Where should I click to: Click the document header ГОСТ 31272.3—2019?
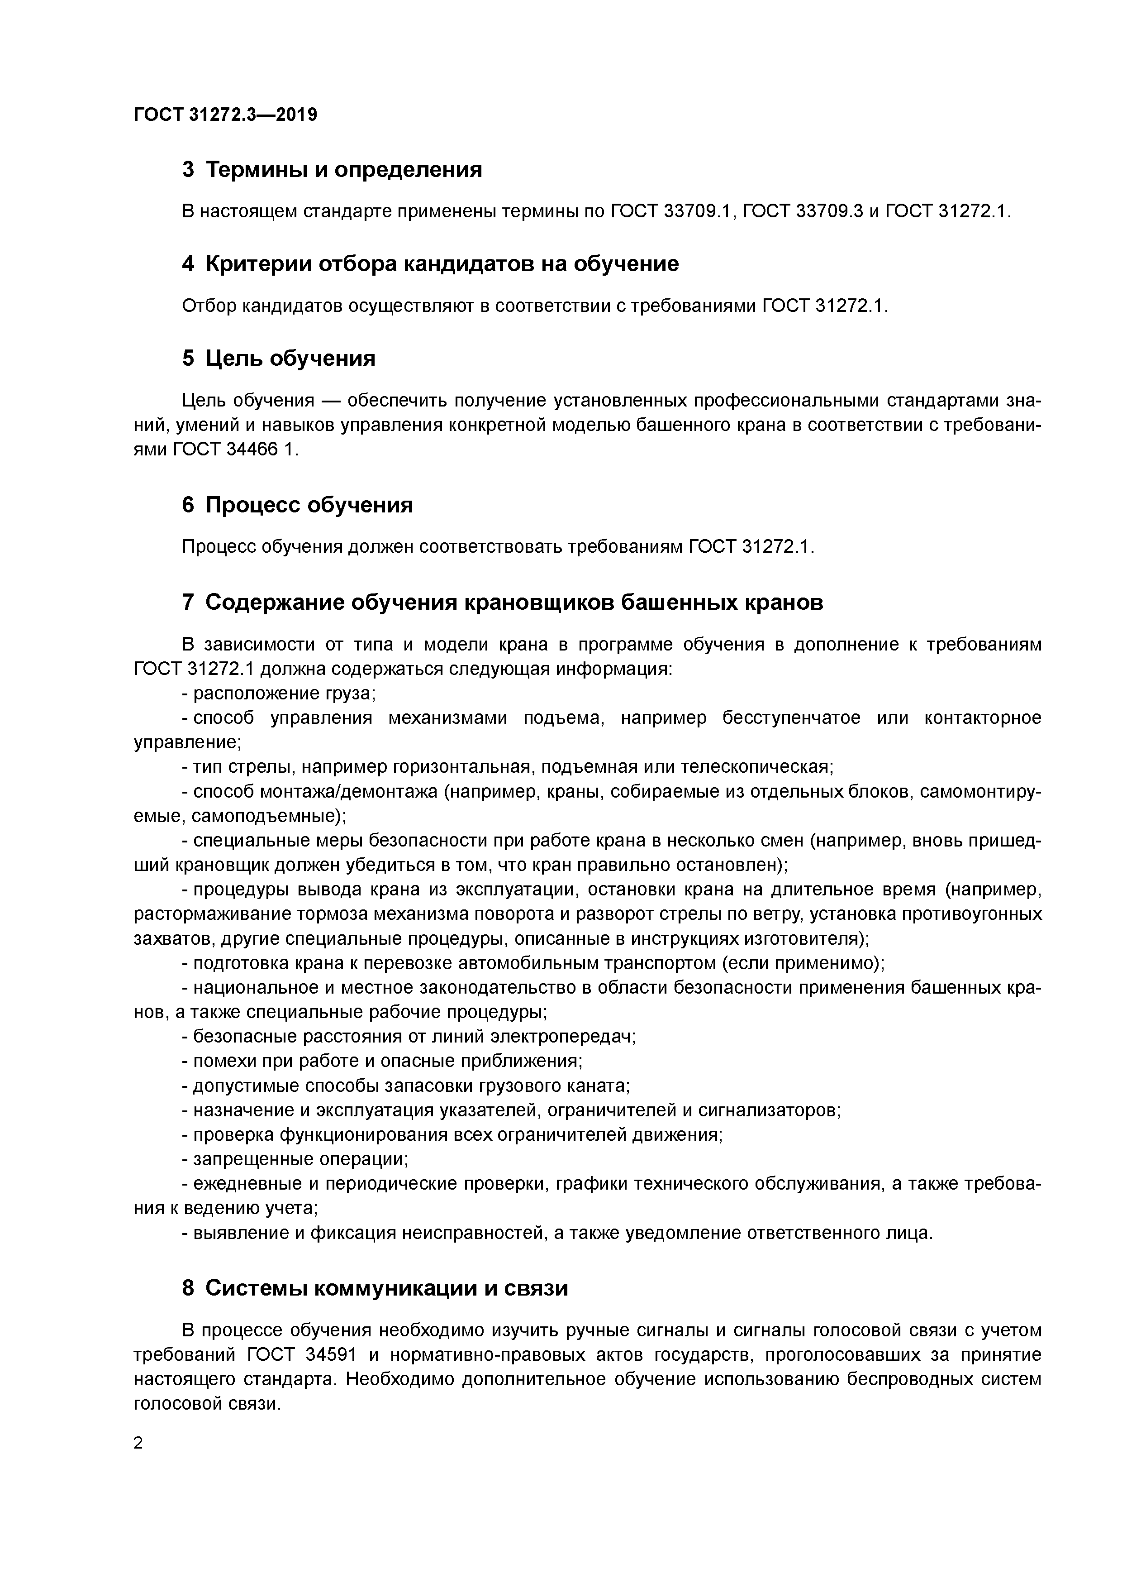(x=225, y=115)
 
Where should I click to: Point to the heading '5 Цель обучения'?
(x=279, y=358)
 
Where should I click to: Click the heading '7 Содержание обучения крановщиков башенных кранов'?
(x=503, y=603)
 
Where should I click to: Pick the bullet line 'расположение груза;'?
(x=283, y=694)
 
